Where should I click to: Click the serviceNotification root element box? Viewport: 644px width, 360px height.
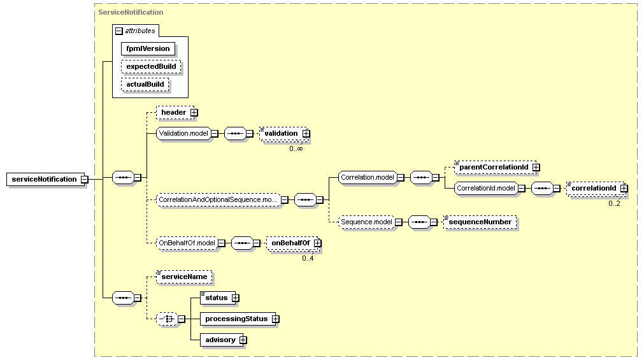(x=46, y=179)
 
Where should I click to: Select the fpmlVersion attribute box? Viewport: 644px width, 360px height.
(x=148, y=48)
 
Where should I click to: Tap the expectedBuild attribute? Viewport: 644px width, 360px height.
(x=151, y=66)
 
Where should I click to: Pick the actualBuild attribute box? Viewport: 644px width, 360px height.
(x=145, y=84)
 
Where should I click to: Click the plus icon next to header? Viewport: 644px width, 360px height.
(x=194, y=113)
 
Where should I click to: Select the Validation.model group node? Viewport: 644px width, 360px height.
(x=183, y=133)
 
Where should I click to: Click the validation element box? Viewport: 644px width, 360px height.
(x=284, y=134)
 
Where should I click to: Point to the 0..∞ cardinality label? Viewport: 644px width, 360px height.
(x=296, y=148)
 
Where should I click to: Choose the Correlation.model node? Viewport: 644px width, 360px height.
(x=368, y=178)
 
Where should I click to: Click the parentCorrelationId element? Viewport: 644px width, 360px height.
(x=496, y=168)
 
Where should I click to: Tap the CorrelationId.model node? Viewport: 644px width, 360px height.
(x=486, y=188)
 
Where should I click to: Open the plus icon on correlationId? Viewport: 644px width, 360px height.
(x=624, y=188)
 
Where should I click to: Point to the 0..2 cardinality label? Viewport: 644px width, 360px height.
(x=615, y=203)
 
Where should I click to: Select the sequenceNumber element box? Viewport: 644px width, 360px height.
(x=480, y=222)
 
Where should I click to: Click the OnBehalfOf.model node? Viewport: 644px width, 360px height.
(x=187, y=243)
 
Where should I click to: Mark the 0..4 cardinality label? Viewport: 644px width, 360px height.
(x=308, y=258)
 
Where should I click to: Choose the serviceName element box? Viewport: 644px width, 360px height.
(x=185, y=277)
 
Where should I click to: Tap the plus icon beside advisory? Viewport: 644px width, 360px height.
(x=243, y=340)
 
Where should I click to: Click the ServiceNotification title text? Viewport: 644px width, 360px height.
(x=131, y=12)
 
